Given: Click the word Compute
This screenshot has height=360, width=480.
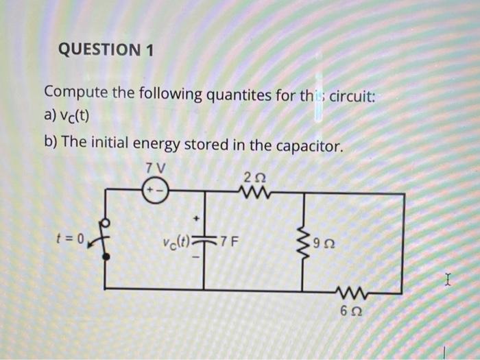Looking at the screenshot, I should point(75,94).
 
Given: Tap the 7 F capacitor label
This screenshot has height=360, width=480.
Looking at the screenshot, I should point(228,241).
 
